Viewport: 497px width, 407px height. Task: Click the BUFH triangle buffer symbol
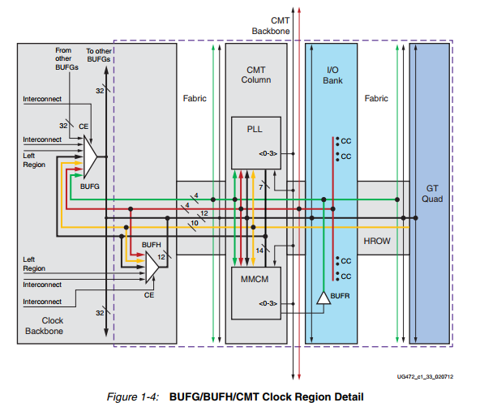click(151, 264)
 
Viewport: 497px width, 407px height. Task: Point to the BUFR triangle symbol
click(323, 298)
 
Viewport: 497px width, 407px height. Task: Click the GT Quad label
click(431, 192)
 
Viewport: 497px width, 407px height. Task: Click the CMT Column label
click(257, 75)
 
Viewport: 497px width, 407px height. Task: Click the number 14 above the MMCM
click(259, 252)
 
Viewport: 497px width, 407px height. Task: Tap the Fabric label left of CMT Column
click(195, 98)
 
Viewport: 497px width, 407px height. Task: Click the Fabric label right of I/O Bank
click(375, 98)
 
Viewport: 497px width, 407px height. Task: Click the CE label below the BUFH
click(148, 296)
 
